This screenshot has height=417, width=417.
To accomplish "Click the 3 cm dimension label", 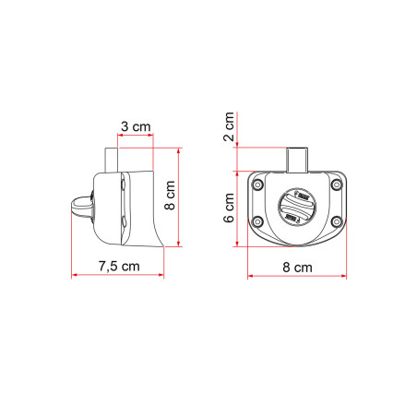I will point(136,126).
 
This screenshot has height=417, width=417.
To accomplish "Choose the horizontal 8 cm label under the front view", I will point(296,267).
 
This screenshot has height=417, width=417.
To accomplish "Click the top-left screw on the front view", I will point(258,186).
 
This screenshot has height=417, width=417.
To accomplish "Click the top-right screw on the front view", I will point(337,186).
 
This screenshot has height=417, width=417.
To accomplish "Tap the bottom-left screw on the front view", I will point(258,220).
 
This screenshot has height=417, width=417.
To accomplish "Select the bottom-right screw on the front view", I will point(337,220).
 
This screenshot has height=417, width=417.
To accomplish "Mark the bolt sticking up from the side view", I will point(113,159).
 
